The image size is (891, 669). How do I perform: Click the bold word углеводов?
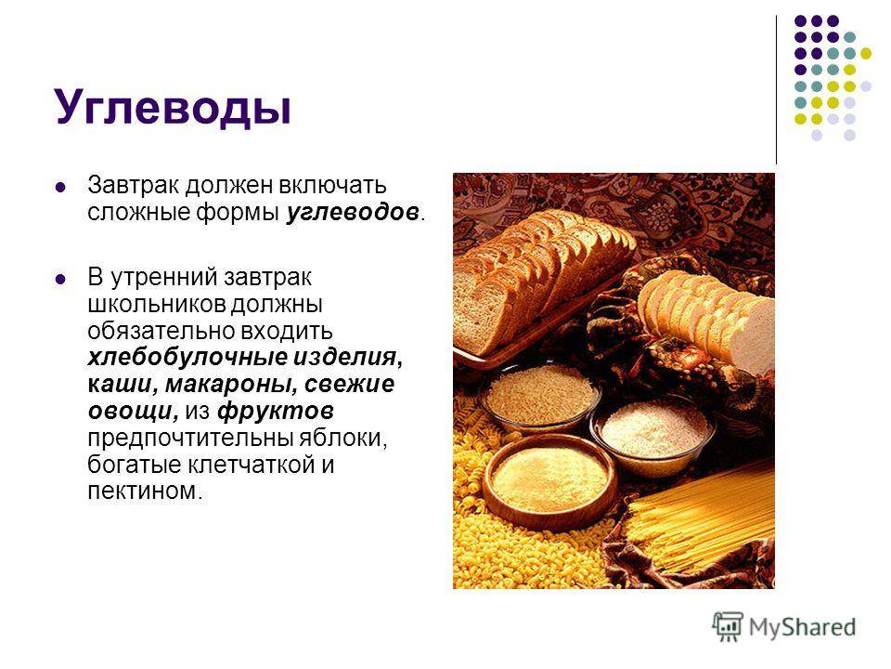355,213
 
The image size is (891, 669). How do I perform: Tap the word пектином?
143,490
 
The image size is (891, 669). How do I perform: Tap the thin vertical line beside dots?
776,88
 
